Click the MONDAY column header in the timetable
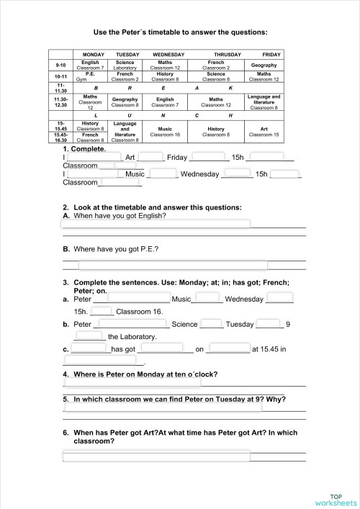tap(94, 55)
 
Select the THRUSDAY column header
tap(228, 55)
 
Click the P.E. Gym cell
tap(90, 76)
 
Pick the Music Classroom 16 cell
tap(164, 131)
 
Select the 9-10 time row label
tap(61, 65)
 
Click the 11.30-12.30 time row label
tap(61, 103)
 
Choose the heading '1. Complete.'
tap(84, 149)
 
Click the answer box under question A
tap(156, 225)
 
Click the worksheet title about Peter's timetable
tap(181, 32)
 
